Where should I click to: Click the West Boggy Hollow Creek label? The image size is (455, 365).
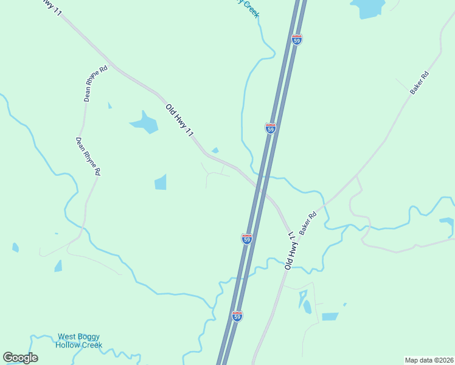pyautogui.click(x=78, y=341)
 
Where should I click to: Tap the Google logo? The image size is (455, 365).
pyautogui.click(x=20, y=358)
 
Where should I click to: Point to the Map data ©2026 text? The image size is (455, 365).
pyautogui.click(x=429, y=360)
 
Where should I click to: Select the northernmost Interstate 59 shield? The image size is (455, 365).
pyautogui.click(x=297, y=40)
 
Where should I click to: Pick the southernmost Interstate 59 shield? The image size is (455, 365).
pyautogui.click(x=237, y=316)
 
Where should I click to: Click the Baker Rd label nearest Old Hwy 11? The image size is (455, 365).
pyautogui.click(x=308, y=224)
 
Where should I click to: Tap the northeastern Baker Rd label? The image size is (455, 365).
pyautogui.click(x=419, y=83)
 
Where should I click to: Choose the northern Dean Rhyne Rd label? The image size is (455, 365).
pyautogui.click(x=96, y=83)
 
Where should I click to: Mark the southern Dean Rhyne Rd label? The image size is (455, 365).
pyautogui.click(x=88, y=156)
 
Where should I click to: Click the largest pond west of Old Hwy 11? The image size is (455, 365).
pyautogui.click(x=144, y=123)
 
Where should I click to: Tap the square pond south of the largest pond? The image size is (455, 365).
pyautogui.click(x=161, y=182)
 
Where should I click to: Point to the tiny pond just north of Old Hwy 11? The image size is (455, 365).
pyautogui.click(x=215, y=150)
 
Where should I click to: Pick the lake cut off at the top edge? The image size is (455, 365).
pyautogui.click(x=368, y=7)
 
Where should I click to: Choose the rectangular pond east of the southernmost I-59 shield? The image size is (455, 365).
pyautogui.click(x=330, y=316)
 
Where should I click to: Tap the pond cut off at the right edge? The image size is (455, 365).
pyautogui.click(x=447, y=224)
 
